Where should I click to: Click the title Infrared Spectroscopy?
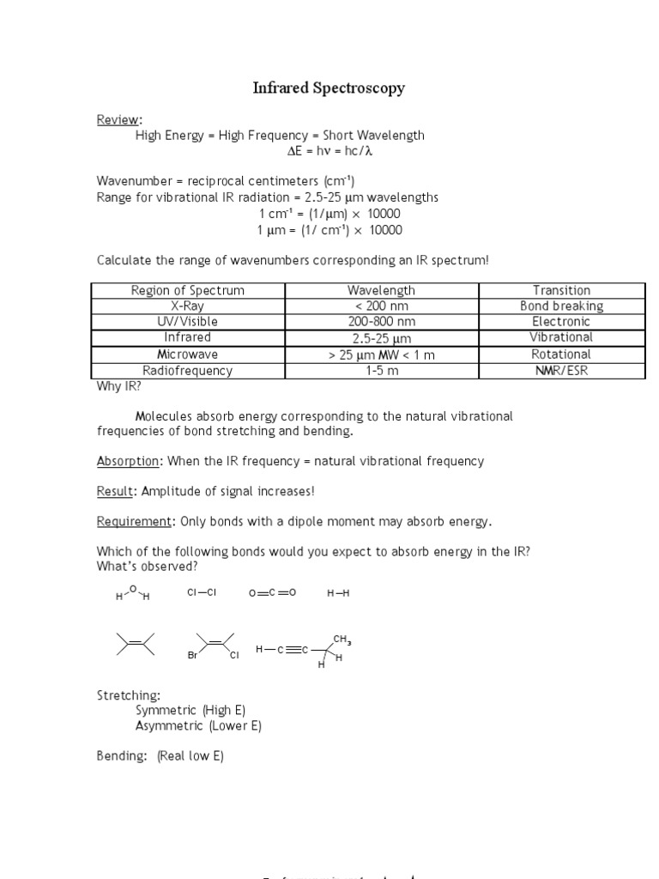[x=329, y=88]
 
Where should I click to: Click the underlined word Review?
[x=118, y=119]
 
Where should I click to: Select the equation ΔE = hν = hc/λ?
[x=329, y=151]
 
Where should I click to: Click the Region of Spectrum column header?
[x=187, y=290]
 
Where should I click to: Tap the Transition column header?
[x=561, y=290]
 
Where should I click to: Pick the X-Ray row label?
[x=187, y=306]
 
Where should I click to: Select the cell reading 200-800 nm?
[x=382, y=321]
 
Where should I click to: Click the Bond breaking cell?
[x=561, y=306]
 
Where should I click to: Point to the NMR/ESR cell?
[x=561, y=371]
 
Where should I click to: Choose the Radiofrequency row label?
[x=187, y=371]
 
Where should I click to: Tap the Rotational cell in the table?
[x=561, y=354]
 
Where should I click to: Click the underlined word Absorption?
[x=128, y=461]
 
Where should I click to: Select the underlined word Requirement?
[x=135, y=522]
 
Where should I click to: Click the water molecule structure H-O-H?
[x=132, y=593]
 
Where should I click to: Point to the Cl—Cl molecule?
[x=202, y=593]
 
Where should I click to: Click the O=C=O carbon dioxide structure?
[x=272, y=593]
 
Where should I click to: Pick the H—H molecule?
[x=338, y=593]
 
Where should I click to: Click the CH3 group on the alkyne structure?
[x=342, y=640]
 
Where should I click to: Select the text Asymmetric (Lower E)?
[x=198, y=725]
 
